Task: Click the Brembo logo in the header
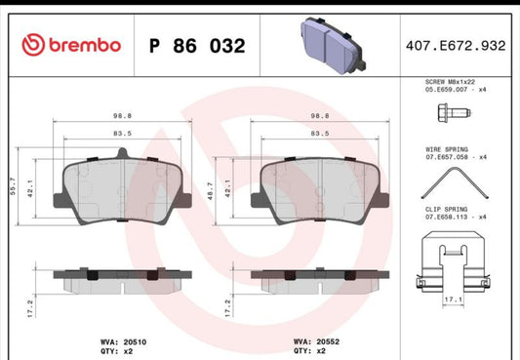pyautogui.click(x=70, y=44)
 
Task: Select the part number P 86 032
pyautogui.click(x=196, y=45)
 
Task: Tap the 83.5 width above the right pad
pyautogui.click(x=317, y=133)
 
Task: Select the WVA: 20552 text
pyautogui.click(x=316, y=341)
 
